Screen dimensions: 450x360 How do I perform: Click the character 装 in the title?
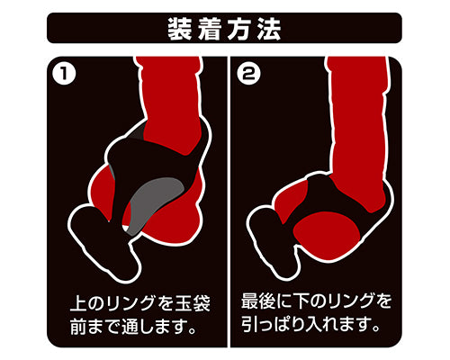pyautogui.click(x=179, y=29)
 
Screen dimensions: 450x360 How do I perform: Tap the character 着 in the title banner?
pyautogui.click(x=210, y=29)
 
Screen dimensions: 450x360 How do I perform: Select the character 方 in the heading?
pyautogui.click(x=239, y=29)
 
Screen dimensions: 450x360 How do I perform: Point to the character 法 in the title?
pyautogui.click(x=269, y=29)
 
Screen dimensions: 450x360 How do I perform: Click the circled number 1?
pyautogui.click(x=64, y=73)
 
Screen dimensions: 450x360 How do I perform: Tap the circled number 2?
pyautogui.click(x=248, y=73)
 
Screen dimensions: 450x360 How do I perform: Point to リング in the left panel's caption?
pyautogui.click(x=130, y=303)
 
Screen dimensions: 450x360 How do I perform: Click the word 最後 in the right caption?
pyautogui.click(x=258, y=301)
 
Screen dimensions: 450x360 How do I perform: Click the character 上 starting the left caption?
pyautogui.click(x=79, y=303)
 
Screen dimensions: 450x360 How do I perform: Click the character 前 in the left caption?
pyautogui.click(x=79, y=327)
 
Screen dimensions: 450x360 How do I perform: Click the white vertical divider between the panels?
pyautogui.click(x=229, y=202)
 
